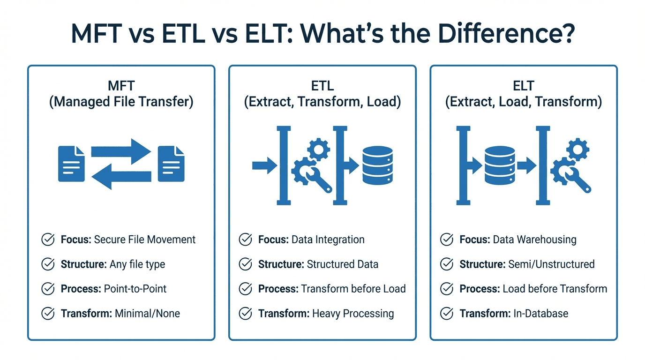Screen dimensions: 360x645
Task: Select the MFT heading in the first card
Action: (x=121, y=86)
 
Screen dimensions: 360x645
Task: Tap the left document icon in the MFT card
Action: (x=71, y=164)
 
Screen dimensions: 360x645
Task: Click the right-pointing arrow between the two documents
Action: (x=121, y=151)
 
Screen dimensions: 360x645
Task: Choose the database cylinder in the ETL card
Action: (x=377, y=165)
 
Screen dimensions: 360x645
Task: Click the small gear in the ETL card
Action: (x=318, y=150)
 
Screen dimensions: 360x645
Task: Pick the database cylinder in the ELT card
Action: (x=500, y=165)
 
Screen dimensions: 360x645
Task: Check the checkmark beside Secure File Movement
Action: (x=48, y=240)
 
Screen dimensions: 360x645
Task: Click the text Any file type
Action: (x=137, y=264)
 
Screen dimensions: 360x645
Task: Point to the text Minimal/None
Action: (x=147, y=313)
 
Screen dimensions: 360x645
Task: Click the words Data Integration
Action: (x=328, y=240)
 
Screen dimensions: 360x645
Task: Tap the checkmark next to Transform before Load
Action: (x=245, y=289)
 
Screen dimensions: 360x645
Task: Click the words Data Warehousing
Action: (x=534, y=240)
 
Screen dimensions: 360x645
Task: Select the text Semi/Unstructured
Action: (x=551, y=264)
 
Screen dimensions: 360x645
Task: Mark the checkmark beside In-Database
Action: (x=447, y=313)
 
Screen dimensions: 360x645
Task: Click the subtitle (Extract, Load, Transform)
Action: (x=524, y=102)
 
